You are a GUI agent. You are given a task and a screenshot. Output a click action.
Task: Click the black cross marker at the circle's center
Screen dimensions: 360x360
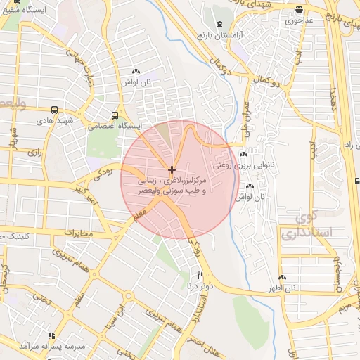click(172, 169)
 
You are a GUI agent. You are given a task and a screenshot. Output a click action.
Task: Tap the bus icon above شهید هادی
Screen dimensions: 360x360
click(55, 110)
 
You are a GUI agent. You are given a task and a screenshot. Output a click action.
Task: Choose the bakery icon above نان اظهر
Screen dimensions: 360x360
click(282, 278)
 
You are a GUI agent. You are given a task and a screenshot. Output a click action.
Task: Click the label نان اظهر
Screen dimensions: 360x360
click(281, 288)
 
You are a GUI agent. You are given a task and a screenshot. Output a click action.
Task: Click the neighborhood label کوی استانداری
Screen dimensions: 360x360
click(305, 224)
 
